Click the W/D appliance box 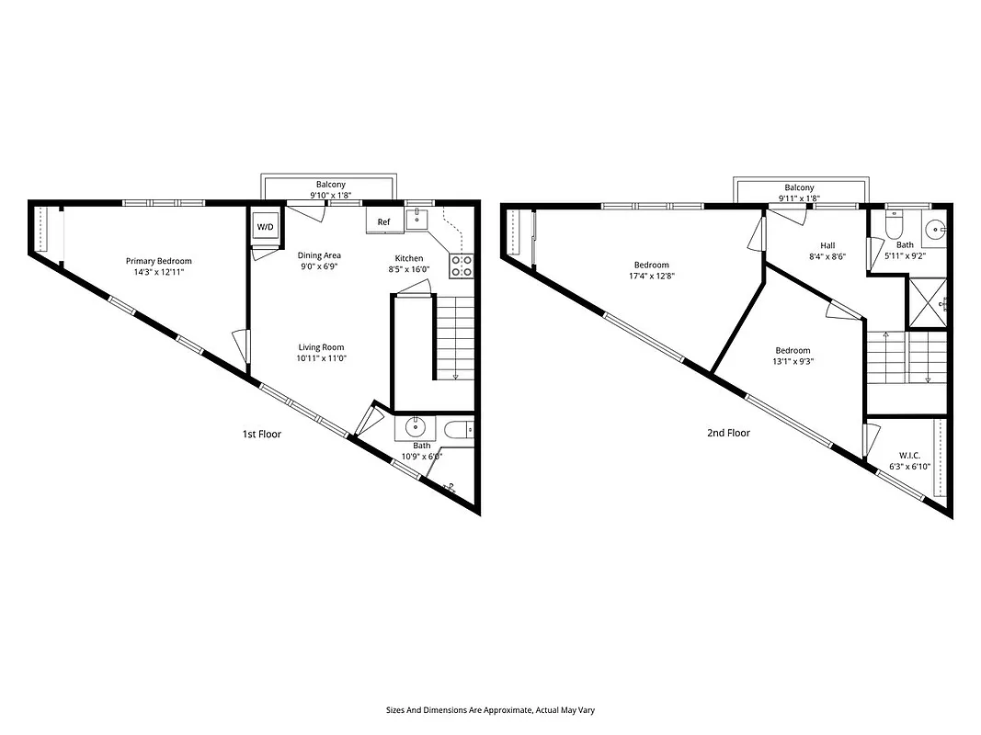pos(265,226)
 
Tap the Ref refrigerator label pos(383,222)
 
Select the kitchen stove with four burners pos(461,266)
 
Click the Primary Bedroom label pos(158,261)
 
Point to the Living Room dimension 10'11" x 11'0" pos(320,359)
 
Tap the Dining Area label pos(319,255)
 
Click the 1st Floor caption pos(262,434)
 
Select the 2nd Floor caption pos(728,433)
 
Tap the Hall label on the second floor pos(827,245)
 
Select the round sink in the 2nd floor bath pos(936,230)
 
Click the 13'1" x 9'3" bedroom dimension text pos(793,361)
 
